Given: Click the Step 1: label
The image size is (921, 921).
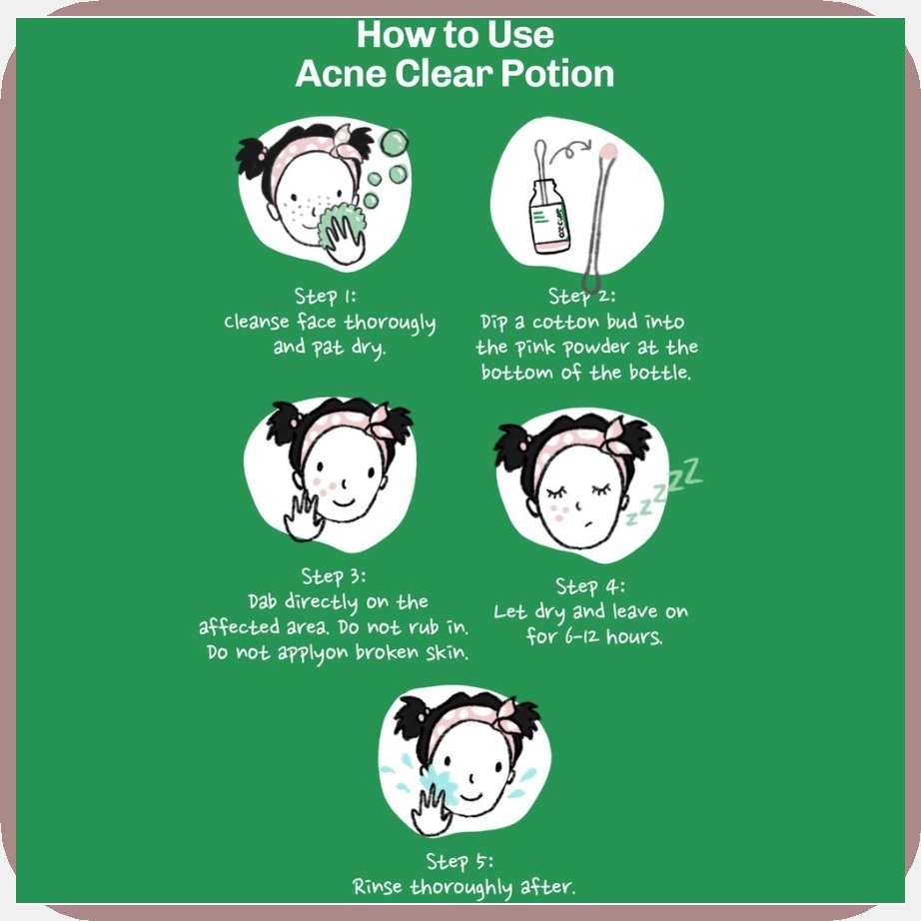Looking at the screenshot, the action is click(325, 296).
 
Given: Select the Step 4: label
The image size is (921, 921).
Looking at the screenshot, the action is click(590, 586).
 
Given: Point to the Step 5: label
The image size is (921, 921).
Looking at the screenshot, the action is click(460, 861).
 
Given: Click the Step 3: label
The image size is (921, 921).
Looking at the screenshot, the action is click(333, 576).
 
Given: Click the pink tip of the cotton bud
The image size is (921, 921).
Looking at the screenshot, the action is click(608, 151).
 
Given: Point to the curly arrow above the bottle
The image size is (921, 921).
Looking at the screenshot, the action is click(570, 150).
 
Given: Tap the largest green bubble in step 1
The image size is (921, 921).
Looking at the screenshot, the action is click(394, 143).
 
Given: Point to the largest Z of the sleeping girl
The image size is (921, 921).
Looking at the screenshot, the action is click(691, 471).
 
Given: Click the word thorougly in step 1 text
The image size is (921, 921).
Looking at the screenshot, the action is click(390, 323).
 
